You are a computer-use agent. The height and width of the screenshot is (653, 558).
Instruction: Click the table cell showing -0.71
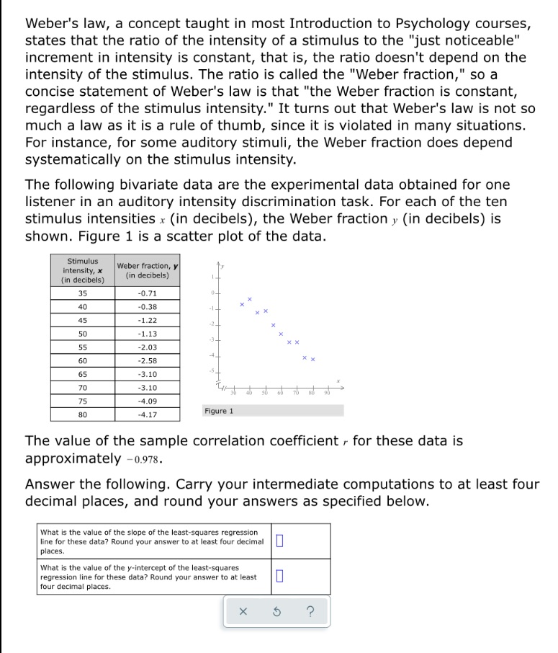click(x=147, y=293)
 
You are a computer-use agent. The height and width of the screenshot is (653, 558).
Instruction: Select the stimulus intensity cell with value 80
click(x=82, y=414)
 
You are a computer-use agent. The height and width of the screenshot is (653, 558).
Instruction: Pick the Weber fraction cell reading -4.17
click(x=147, y=414)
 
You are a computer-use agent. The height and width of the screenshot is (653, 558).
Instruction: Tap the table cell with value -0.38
click(x=147, y=307)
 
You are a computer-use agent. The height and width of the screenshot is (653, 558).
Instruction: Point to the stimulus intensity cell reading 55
click(x=82, y=347)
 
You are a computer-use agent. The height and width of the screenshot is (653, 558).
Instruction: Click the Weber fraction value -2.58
click(x=147, y=360)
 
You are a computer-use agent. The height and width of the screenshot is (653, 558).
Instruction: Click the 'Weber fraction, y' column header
click(x=147, y=270)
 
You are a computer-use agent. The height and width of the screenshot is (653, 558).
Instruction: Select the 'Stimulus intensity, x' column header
click(x=82, y=270)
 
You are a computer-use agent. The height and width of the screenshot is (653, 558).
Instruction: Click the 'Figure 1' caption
click(x=219, y=411)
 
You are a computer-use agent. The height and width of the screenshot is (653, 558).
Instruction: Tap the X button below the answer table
click(x=243, y=612)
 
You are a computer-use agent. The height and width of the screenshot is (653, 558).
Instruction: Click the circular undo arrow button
click(x=276, y=612)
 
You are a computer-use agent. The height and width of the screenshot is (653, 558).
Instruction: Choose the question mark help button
click(x=310, y=612)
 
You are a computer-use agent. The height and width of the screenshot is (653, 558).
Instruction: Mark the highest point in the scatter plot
click(x=250, y=298)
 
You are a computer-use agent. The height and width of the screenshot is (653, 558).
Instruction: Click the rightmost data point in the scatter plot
click(x=313, y=359)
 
